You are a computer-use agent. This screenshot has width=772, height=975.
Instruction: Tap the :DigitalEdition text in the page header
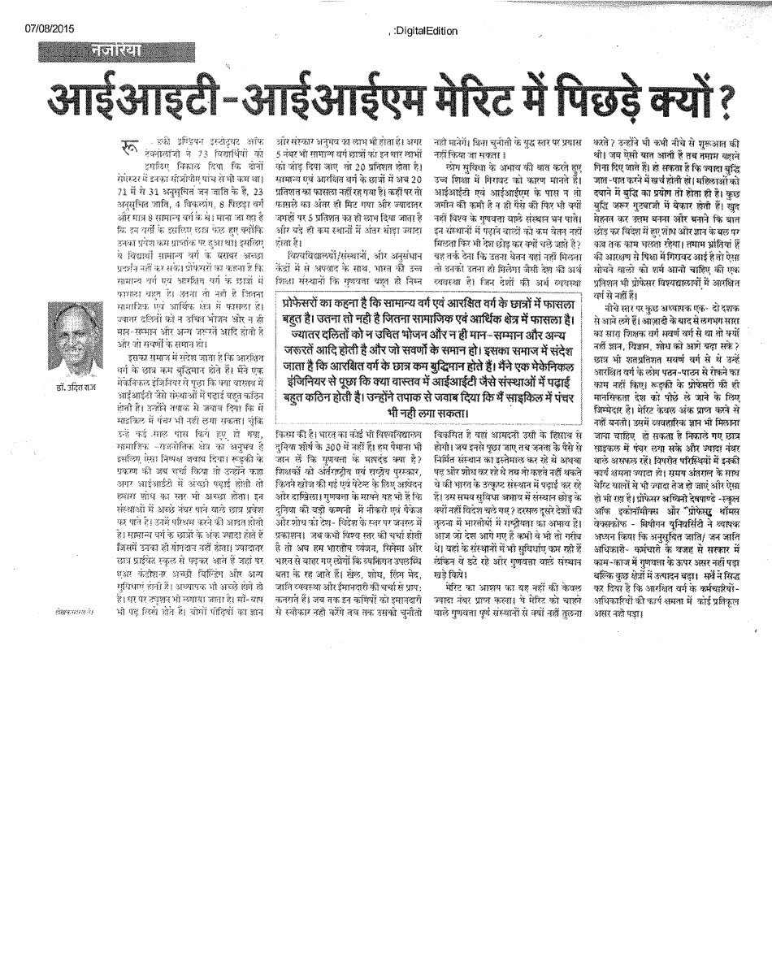[424, 31]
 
